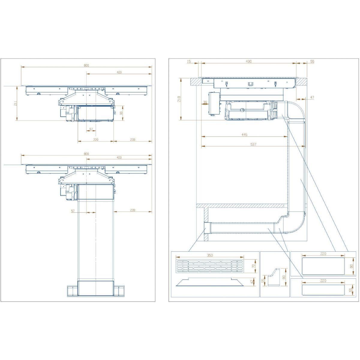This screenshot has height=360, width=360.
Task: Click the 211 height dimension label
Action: point(15,103)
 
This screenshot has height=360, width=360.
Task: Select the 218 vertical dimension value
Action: point(179,99)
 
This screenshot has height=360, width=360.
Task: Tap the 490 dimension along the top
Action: point(248,61)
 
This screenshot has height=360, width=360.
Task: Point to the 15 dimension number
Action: point(189,61)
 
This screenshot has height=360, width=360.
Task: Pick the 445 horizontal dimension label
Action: point(244,135)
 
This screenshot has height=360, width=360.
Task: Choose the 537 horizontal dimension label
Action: point(253,144)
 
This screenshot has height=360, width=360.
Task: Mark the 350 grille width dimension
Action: point(210,255)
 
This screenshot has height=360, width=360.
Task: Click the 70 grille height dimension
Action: point(253,266)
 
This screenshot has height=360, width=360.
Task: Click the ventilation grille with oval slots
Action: point(210,266)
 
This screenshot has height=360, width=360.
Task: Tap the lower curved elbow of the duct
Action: point(295,223)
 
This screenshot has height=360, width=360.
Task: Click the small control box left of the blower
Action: point(214,103)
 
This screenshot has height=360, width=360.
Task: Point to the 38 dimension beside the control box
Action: point(205,102)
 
